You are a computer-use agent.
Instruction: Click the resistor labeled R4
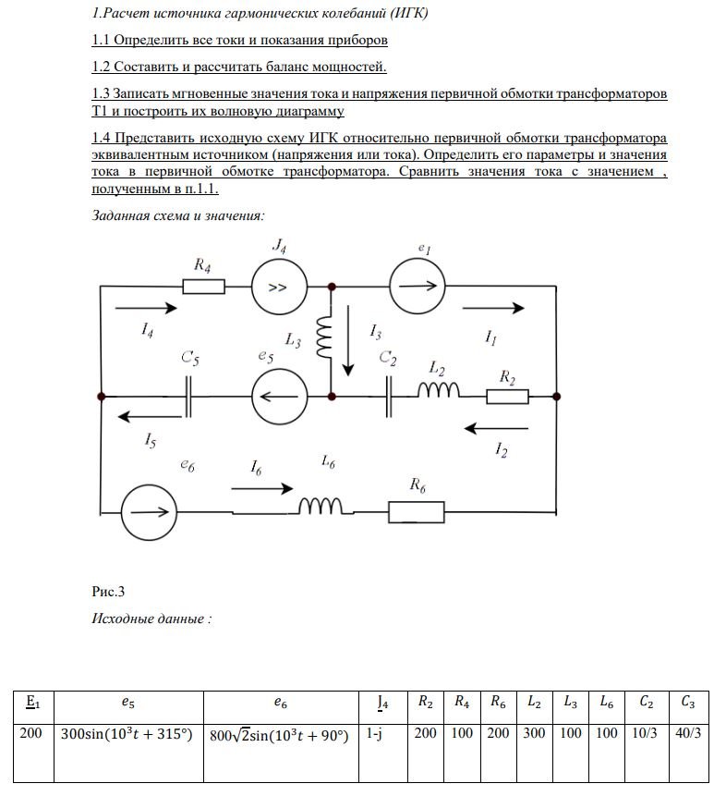(x=203, y=287)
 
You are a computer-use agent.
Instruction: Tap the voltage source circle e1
(x=415, y=287)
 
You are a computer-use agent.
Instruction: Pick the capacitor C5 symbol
(x=191, y=396)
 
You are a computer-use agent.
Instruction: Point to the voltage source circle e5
(x=280, y=396)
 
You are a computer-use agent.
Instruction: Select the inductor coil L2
(x=440, y=392)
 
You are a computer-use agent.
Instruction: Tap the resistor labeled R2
(x=507, y=397)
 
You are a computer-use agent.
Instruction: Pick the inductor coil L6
(x=324, y=507)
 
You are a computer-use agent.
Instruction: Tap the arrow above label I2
(x=497, y=428)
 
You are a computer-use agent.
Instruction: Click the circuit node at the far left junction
(x=100, y=396)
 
